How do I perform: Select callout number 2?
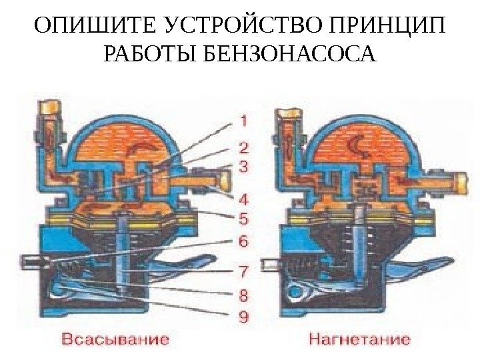point(243,147)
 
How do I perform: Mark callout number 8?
point(243,294)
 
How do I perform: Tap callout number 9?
point(243,317)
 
